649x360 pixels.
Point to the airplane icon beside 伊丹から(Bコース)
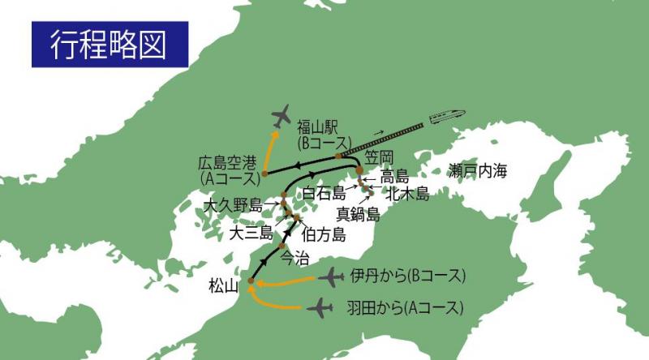coord(331,278)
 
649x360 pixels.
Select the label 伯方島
coord(323,235)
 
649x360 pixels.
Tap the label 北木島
coord(407,194)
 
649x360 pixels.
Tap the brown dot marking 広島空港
coord(265,174)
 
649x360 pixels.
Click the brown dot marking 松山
coord(251,281)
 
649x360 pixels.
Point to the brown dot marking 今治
coord(282,246)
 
